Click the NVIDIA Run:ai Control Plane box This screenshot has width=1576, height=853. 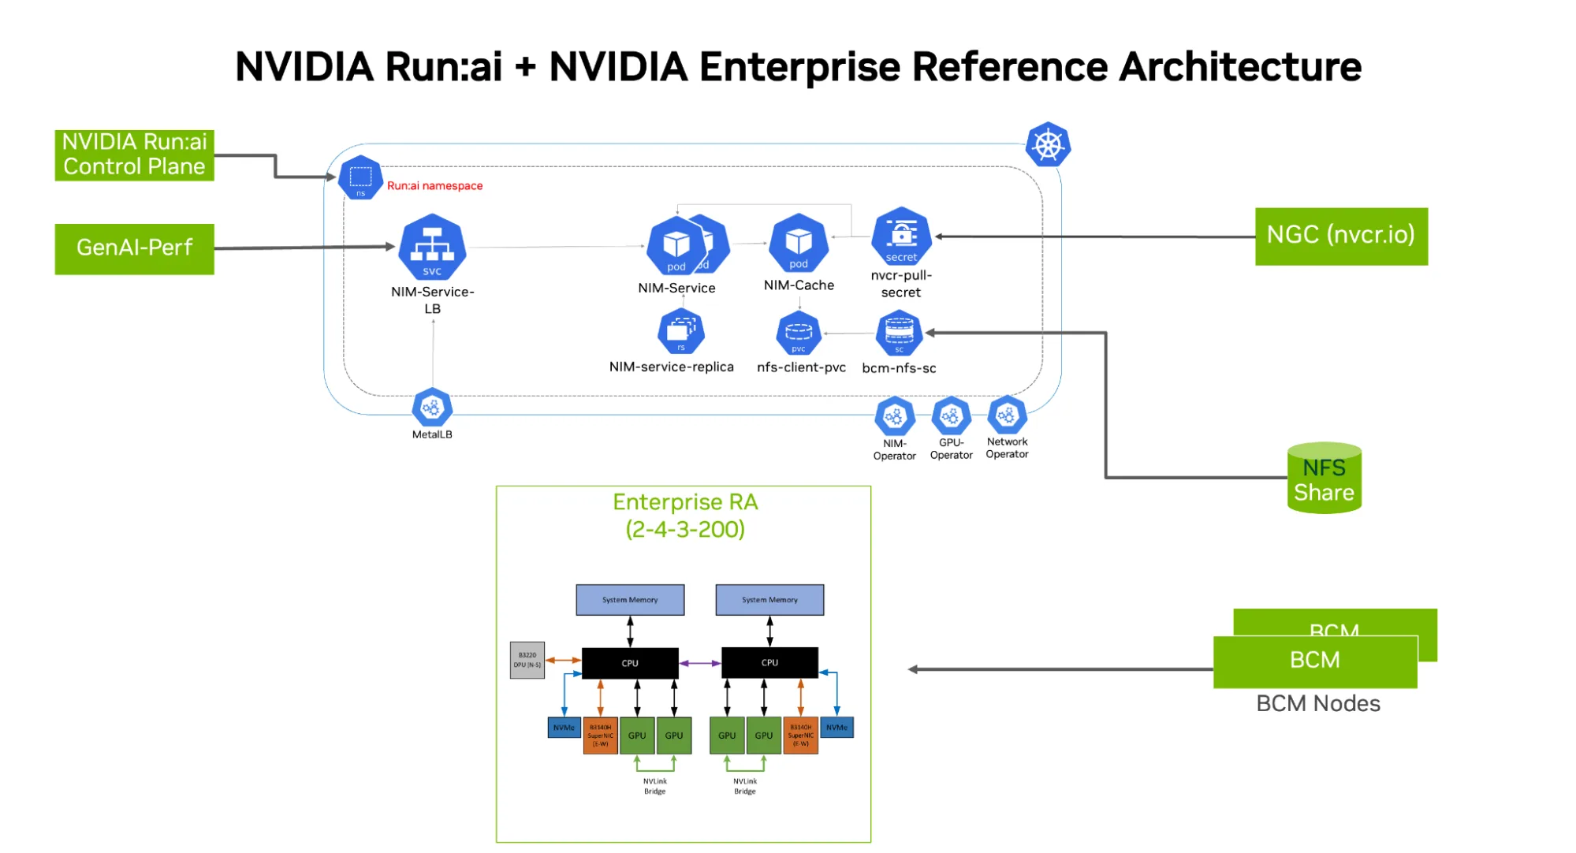click(134, 155)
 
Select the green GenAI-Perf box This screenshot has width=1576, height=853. click(134, 248)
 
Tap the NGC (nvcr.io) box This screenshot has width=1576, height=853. click(1340, 236)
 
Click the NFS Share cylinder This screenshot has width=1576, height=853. click(1324, 479)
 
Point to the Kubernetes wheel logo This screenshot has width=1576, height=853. click(1047, 145)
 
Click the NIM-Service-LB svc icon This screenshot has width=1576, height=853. click(432, 247)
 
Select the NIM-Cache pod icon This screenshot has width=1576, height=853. click(798, 243)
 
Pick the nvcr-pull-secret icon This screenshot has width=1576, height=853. click(901, 236)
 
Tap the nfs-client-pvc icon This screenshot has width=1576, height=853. click(798, 333)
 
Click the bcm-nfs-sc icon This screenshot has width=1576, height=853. click(899, 333)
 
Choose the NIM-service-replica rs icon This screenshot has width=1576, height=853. click(680, 332)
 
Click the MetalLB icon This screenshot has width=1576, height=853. click(432, 408)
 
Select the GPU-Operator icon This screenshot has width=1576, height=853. click(951, 415)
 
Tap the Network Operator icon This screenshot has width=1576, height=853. click(1007, 415)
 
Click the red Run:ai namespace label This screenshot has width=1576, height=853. click(434, 186)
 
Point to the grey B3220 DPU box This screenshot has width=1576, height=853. click(527, 660)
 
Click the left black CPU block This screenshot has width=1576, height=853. click(629, 663)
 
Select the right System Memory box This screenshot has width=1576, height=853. click(769, 600)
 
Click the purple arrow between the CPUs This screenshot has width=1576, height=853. click(699, 663)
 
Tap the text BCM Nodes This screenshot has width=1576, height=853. click(1317, 703)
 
